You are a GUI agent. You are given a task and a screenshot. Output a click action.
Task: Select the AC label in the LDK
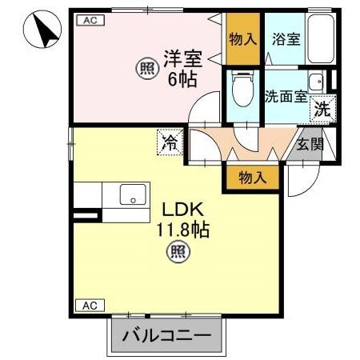click(x=89, y=306)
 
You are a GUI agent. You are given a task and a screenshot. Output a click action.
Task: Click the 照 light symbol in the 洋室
click(x=144, y=69)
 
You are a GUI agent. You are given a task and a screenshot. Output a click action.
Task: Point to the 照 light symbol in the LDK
click(x=178, y=254)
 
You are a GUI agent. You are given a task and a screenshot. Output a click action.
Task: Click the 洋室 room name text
click(x=182, y=58)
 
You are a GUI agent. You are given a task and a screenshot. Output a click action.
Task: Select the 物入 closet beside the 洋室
click(x=242, y=39)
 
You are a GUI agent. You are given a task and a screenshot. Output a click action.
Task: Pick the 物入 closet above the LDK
click(x=252, y=177)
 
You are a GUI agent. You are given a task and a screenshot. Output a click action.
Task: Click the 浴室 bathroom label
click(x=286, y=39)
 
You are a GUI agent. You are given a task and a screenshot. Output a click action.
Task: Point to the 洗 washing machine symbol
click(x=322, y=110)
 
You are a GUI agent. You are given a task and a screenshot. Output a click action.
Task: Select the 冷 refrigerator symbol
click(x=170, y=143)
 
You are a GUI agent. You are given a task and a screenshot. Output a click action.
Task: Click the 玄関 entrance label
click(x=310, y=145)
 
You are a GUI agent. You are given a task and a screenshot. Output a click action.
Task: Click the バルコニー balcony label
click(x=166, y=337)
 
